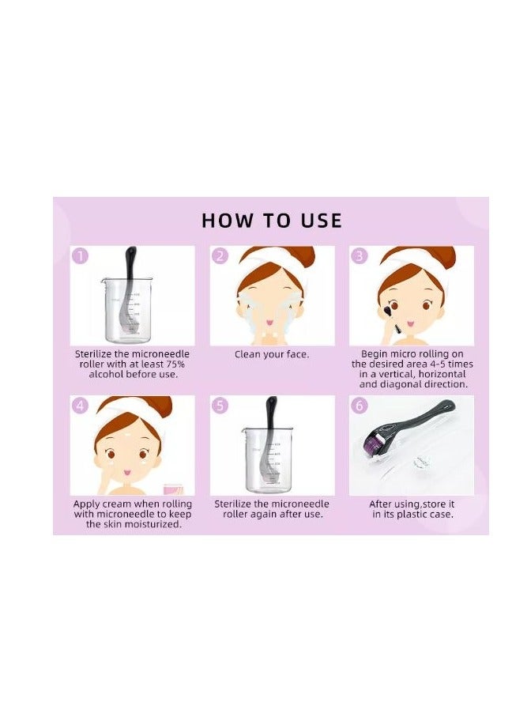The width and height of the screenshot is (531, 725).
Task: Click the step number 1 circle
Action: pyautogui.click(x=81, y=255)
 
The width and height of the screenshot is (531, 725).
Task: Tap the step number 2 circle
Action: pyautogui.click(x=220, y=255)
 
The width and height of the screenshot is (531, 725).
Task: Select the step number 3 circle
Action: pyautogui.click(x=360, y=255)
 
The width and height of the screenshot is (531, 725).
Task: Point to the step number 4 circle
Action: pyautogui.click(x=81, y=406)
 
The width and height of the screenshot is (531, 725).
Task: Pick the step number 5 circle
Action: pyautogui.click(x=220, y=406)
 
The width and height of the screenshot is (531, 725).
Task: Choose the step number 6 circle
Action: pyautogui.click(x=360, y=406)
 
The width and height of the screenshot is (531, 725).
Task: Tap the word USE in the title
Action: pyautogui.click(x=321, y=221)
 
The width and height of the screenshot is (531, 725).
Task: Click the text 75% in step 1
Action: pyautogui.click(x=175, y=364)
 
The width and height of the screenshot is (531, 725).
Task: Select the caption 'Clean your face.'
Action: pyautogui.click(x=272, y=355)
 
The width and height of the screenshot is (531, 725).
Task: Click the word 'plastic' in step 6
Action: pyautogui.click(x=412, y=514)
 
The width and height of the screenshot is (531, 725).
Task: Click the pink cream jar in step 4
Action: pyautogui.click(x=173, y=489)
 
